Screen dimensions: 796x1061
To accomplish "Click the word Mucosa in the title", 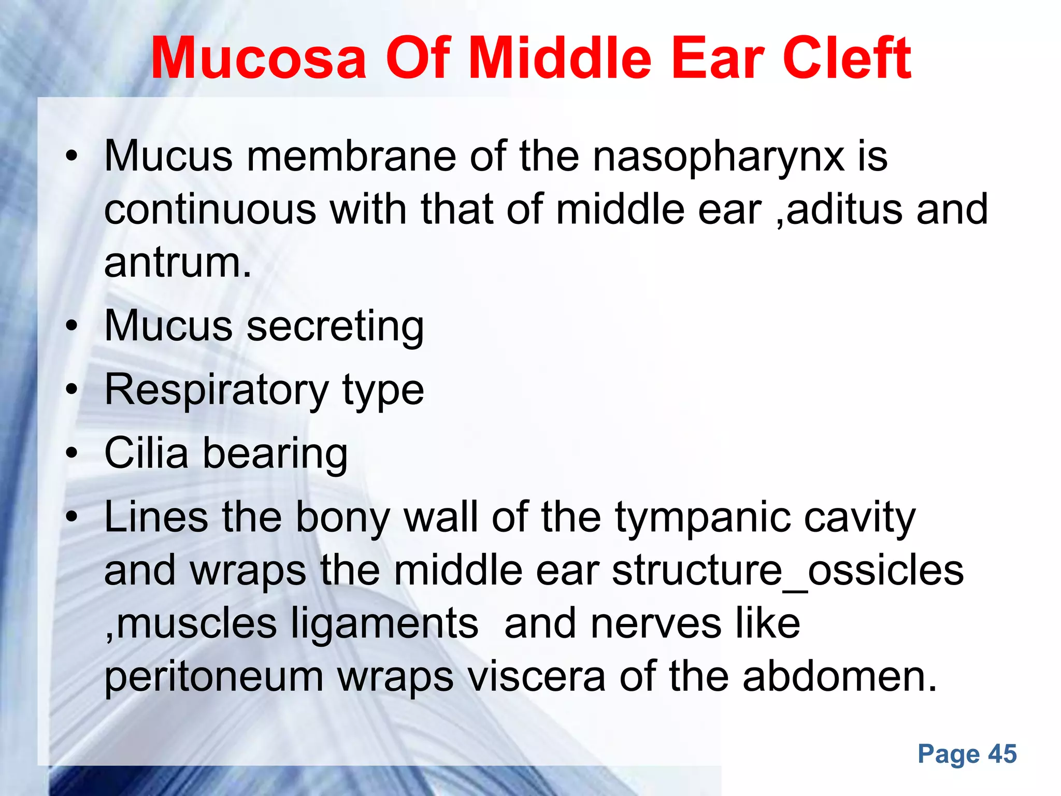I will [259, 58].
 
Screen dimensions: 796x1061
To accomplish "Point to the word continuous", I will [210, 209].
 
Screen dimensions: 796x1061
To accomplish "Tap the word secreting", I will [335, 326].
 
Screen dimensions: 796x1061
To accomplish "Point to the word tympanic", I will [702, 517].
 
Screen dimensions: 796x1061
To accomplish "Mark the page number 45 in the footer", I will [1002, 754].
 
